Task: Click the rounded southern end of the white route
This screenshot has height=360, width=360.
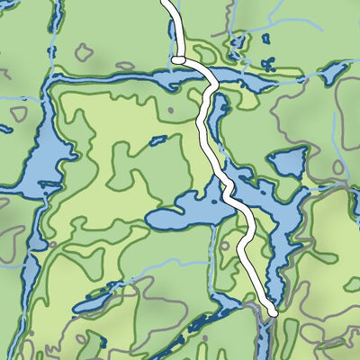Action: point(272,311)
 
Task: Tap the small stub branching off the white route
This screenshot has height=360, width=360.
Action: point(178,59)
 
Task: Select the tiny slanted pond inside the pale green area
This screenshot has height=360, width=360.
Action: point(157,140)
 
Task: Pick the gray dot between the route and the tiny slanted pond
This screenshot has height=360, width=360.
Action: point(170,110)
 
